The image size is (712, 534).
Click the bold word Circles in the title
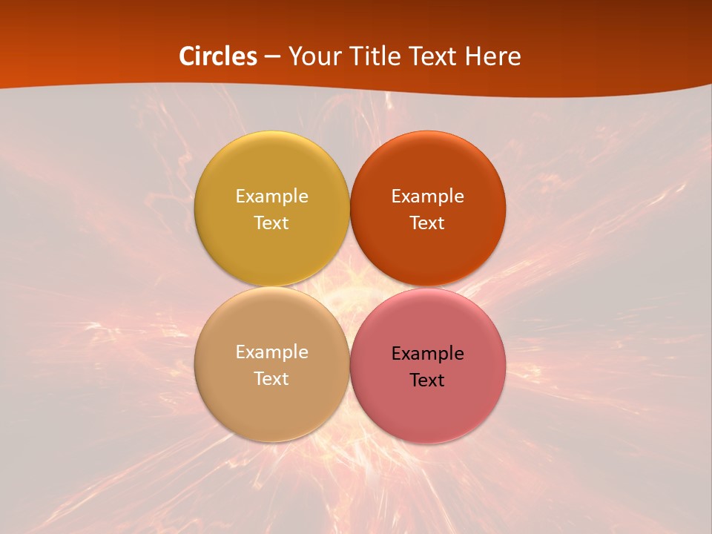click(x=218, y=56)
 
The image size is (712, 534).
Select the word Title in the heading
click(x=372, y=56)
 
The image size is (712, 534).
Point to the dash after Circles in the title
click(x=272, y=57)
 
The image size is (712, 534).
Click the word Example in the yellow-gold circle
click(x=271, y=196)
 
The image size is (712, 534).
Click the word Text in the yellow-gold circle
click(x=271, y=222)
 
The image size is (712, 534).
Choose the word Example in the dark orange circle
click(x=427, y=196)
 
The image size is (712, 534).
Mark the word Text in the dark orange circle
click(x=427, y=222)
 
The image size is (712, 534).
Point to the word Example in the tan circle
click(x=271, y=352)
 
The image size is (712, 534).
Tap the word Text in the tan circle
click(x=271, y=378)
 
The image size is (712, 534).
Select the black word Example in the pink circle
click(x=427, y=353)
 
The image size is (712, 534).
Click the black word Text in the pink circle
click(x=427, y=380)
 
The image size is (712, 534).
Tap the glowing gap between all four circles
click(x=349, y=287)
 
